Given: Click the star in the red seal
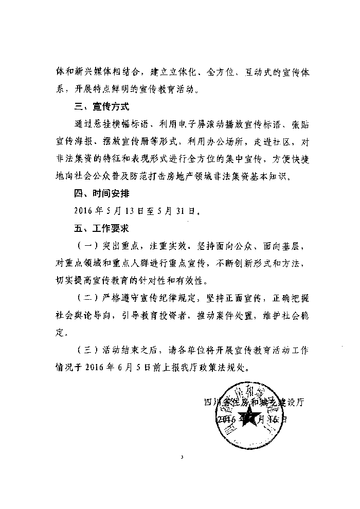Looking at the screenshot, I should click(x=252, y=417).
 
